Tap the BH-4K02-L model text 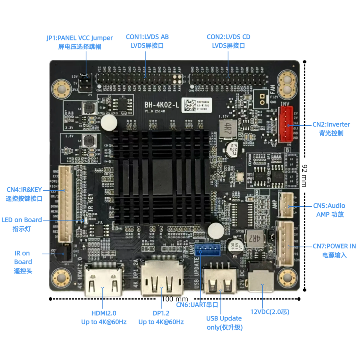(161, 105)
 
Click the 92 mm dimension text (304, 176)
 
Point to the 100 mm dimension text (175, 299)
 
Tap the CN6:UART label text (197, 305)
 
